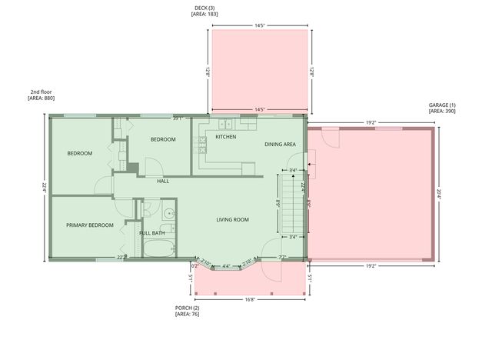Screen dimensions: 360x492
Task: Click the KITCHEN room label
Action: [x=225, y=136]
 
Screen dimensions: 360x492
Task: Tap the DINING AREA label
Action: [x=281, y=145]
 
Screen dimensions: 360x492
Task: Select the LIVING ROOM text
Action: [x=232, y=220]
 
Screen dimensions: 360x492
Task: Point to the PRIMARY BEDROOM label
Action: [x=90, y=225]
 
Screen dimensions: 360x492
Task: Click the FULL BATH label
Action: [x=151, y=233]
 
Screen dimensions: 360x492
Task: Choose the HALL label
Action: [x=163, y=182]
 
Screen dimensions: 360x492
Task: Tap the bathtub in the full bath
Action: [x=159, y=248]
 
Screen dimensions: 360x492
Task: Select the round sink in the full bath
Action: [x=168, y=213]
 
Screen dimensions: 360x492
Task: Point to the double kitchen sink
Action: [x=226, y=124]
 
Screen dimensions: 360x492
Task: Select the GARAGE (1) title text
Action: [x=442, y=105]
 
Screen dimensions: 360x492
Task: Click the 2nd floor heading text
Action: [x=41, y=92]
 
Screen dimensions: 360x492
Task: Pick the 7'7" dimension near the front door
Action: [x=282, y=257]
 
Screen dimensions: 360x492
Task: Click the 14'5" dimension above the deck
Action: [x=260, y=25]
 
